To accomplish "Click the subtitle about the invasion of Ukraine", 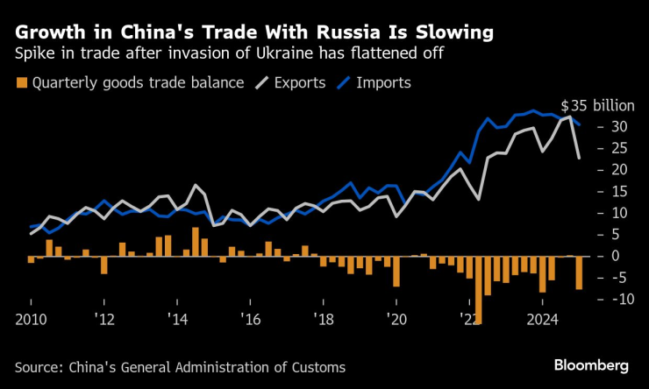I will pos(228,55).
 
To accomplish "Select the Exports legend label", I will pos(299,83).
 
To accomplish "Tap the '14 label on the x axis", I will pos(178,319).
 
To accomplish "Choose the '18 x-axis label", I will pos(324,319).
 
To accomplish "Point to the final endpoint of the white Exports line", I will pos(579,158).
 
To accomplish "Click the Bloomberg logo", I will pos(591,364).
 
